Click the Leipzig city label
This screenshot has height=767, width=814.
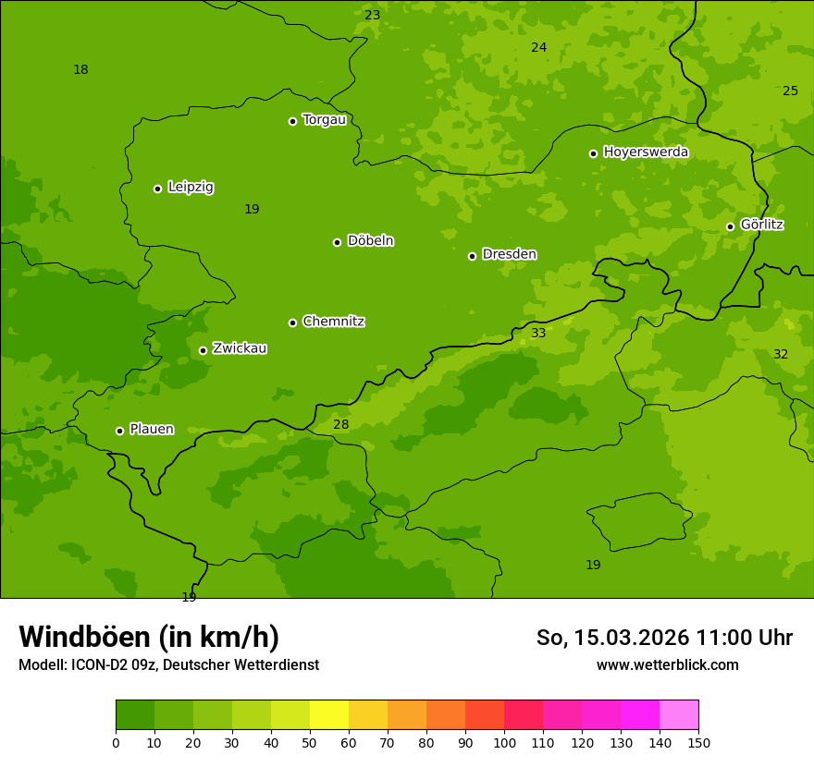(x=191, y=188)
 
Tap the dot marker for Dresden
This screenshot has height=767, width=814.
(x=472, y=256)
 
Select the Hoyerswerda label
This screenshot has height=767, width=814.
(x=646, y=152)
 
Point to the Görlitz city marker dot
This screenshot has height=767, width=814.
(x=730, y=226)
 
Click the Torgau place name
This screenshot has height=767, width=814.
(x=324, y=120)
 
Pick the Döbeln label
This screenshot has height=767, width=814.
(x=370, y=241)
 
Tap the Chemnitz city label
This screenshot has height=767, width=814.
(x=333, y=322)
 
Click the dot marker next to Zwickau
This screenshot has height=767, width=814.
(x=203, y=350)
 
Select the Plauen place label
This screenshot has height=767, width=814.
(x=152, y=430)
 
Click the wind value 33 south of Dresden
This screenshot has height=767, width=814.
(x=538, y=333)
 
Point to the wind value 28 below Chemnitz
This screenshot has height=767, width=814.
(x=341, y=424)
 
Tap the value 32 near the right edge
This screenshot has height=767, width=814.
(x=781, y=354)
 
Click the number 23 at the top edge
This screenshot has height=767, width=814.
(x=372, y=15)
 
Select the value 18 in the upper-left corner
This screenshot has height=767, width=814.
(x=80, y=69)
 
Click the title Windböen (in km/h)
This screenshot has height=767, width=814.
(x=149, y=637)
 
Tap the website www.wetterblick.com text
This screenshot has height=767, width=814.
(x=667, y=665)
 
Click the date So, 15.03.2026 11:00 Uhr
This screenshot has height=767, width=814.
(x=664, y=638)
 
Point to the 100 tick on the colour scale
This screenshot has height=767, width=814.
(x=504, y=742)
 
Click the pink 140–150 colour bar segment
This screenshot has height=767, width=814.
(x=679, y=715)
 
